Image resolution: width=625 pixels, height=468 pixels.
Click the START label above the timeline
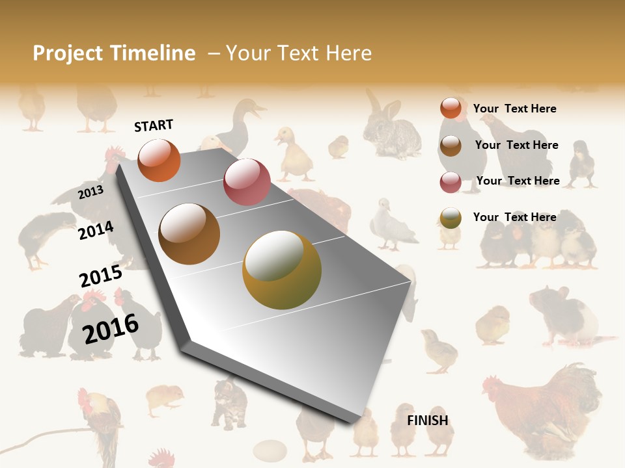[x=154, y=125]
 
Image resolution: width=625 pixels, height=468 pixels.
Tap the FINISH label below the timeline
[x=428, y=421]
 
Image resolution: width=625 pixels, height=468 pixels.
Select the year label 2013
[x=90, y=192]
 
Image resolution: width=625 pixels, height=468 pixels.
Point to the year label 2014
[x=96, y=230]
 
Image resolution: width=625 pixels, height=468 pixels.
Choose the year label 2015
[x=101, y=276]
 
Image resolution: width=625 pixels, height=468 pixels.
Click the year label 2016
[x=111, y=328]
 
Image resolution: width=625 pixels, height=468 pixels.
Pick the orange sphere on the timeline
[x=159, y=160]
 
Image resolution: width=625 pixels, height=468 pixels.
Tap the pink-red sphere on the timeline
[x=247, y=181]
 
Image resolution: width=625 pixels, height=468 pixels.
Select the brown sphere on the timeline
[x=189, y=234]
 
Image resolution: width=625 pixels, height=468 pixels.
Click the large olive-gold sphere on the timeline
[x=282, y=270]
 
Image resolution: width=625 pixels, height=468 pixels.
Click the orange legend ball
[x=451, y=108]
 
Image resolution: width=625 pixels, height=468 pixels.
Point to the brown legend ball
[x=451, y=146]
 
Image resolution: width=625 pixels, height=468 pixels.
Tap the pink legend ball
[x=451, y=182]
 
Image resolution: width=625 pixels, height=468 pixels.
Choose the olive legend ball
[x=451, y=218]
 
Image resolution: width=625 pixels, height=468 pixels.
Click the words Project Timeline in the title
[x=114, y=53]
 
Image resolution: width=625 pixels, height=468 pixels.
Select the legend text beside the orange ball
[x=514, y=109]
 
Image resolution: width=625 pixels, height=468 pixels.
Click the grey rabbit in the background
[x=391, y=129]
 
